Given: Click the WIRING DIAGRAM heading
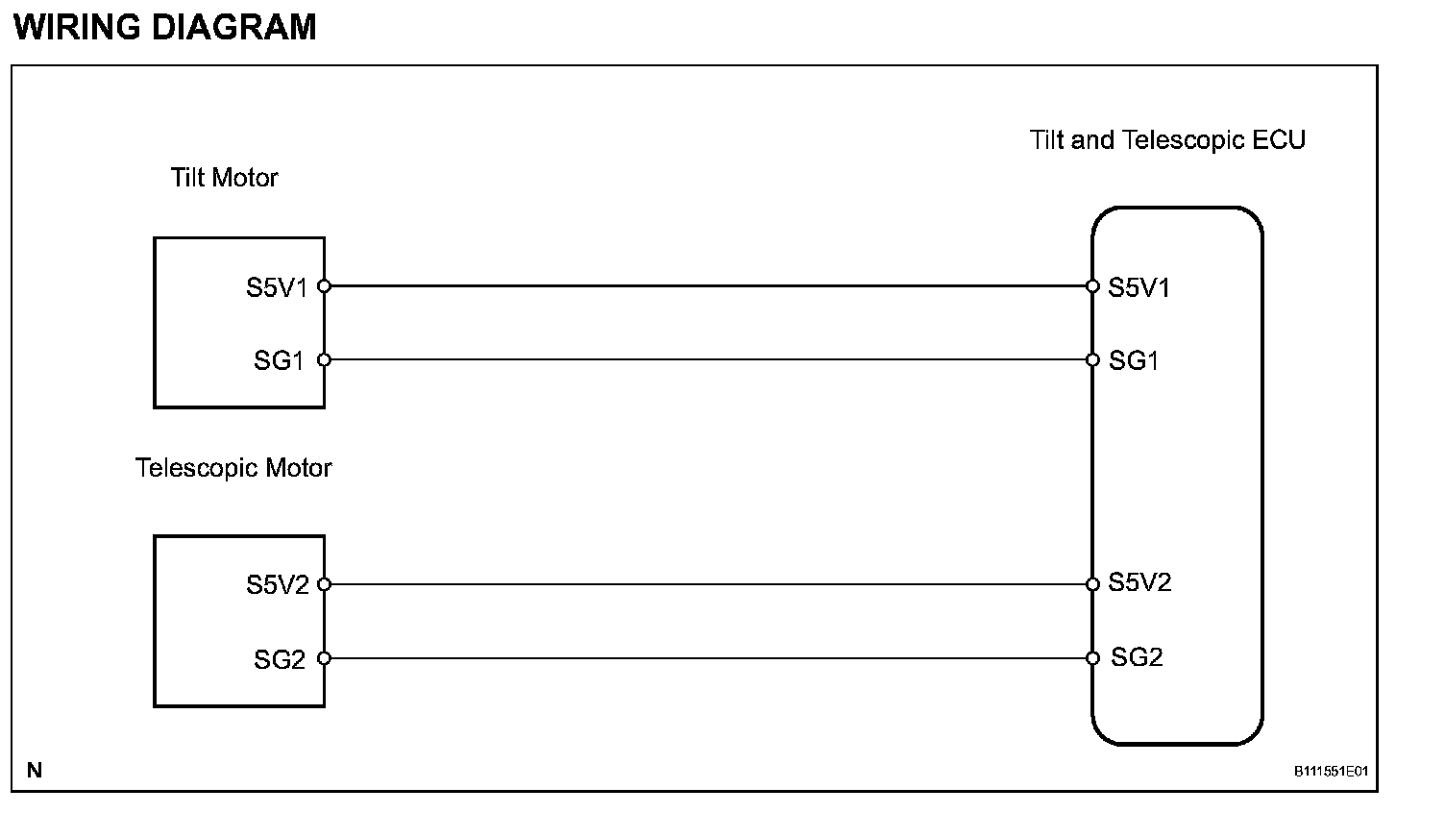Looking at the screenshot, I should (165, 27).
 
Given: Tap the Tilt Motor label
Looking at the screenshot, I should (224, 178).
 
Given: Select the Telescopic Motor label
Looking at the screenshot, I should (233, 468).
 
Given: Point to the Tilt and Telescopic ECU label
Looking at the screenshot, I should (1167, 140).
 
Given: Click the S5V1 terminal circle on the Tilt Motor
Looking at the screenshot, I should (324, 285).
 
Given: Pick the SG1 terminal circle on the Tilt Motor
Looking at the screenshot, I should (324, 360).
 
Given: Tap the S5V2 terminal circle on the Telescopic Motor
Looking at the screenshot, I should (324, 584).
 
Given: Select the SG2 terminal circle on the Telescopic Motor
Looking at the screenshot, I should (324, 658).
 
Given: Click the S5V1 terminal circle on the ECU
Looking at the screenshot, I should (1092, 285).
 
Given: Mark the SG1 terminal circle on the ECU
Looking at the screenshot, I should (1092, 360).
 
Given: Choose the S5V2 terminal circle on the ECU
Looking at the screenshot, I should (1092, 584).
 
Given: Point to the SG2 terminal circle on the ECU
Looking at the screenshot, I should (1092, 658).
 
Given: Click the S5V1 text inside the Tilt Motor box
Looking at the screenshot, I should (277, 287).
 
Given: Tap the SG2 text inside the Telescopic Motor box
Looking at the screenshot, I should (280, 660).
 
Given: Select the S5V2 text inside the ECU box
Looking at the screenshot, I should (1139, 582).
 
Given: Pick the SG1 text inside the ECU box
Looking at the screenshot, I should (1134, 361).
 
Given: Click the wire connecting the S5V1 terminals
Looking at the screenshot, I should (708, 285).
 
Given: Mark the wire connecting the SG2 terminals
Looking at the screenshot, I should (708, 658).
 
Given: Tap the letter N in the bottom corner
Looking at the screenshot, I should (35, 770).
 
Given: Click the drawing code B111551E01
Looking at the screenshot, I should (1331, 771).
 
